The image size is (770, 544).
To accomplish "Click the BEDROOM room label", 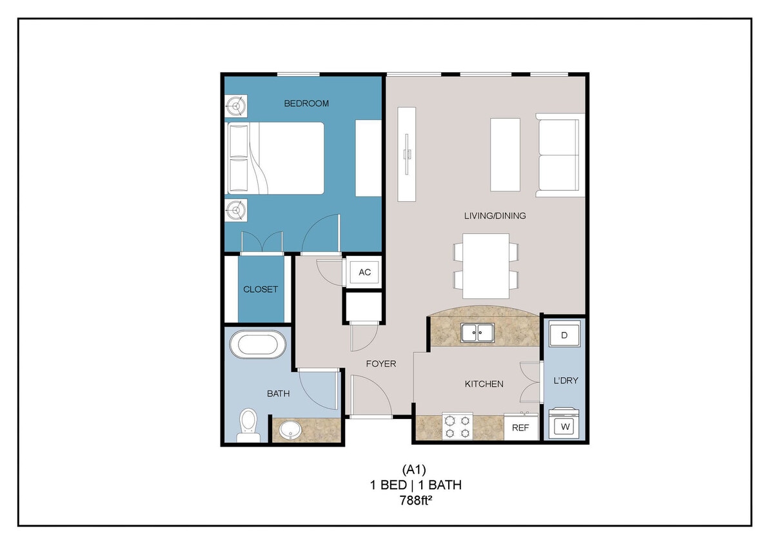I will [307, 103].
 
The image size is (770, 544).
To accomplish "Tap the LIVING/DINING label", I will [495, 216].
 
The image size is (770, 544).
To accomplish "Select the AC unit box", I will [364, 272].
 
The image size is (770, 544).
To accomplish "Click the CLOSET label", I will [261, 289].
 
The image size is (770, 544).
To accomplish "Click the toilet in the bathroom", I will [248, 425].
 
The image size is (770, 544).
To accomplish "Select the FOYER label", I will [380, 364].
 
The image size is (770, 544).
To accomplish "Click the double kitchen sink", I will [478, 333].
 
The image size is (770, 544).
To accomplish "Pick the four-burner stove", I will [457, 427].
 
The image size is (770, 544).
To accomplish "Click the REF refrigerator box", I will [520, 427].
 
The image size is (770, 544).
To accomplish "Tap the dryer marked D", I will [564, 336].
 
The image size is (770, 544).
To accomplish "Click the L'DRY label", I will [565, 380].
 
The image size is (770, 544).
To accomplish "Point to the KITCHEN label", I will [484, 384].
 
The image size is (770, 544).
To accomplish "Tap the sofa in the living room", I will [560, 155].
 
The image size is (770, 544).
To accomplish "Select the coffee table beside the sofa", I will [505, 155].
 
